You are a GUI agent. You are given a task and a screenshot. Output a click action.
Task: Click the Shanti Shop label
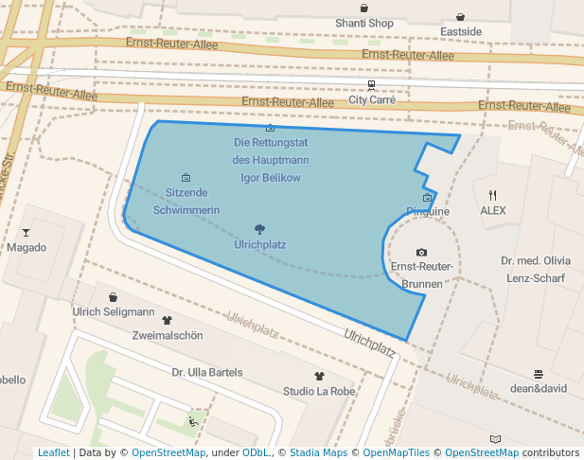coord(364,23)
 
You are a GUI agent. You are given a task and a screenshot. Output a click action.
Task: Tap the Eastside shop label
coord(461,31)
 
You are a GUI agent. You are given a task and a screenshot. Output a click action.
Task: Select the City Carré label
coord(372,98)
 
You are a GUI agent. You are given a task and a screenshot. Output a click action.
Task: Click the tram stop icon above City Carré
coord(371,84)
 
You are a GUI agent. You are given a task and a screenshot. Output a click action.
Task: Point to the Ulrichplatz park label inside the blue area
coord(259,244)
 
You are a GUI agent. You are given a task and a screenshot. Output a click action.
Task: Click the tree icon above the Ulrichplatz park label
coord(259,229)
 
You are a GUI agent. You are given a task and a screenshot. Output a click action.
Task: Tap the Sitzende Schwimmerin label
coord(186,201)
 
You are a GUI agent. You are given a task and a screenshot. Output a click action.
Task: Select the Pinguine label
coord(427,211)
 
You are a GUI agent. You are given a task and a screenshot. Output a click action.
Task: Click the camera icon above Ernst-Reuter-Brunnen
coord(421,253)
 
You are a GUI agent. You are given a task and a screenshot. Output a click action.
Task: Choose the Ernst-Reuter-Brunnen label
coord(422,274)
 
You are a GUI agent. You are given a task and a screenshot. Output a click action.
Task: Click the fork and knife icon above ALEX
coord(492,195)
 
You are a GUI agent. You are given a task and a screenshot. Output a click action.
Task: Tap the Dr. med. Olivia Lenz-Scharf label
coord(536,269)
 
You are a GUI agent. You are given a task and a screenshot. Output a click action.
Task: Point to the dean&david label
coord(538,387)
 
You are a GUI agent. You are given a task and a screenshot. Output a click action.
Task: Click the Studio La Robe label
coord(319,391)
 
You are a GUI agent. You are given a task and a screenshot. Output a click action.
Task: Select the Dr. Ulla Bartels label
coord(207,372)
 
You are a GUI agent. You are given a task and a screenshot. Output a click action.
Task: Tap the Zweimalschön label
coord(168,335)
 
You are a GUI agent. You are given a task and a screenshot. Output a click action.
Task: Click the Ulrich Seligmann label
coord(114,311)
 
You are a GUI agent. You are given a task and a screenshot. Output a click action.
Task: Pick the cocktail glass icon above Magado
coord(26,233)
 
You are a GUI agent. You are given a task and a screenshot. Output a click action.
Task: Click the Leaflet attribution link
coord(53,452)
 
